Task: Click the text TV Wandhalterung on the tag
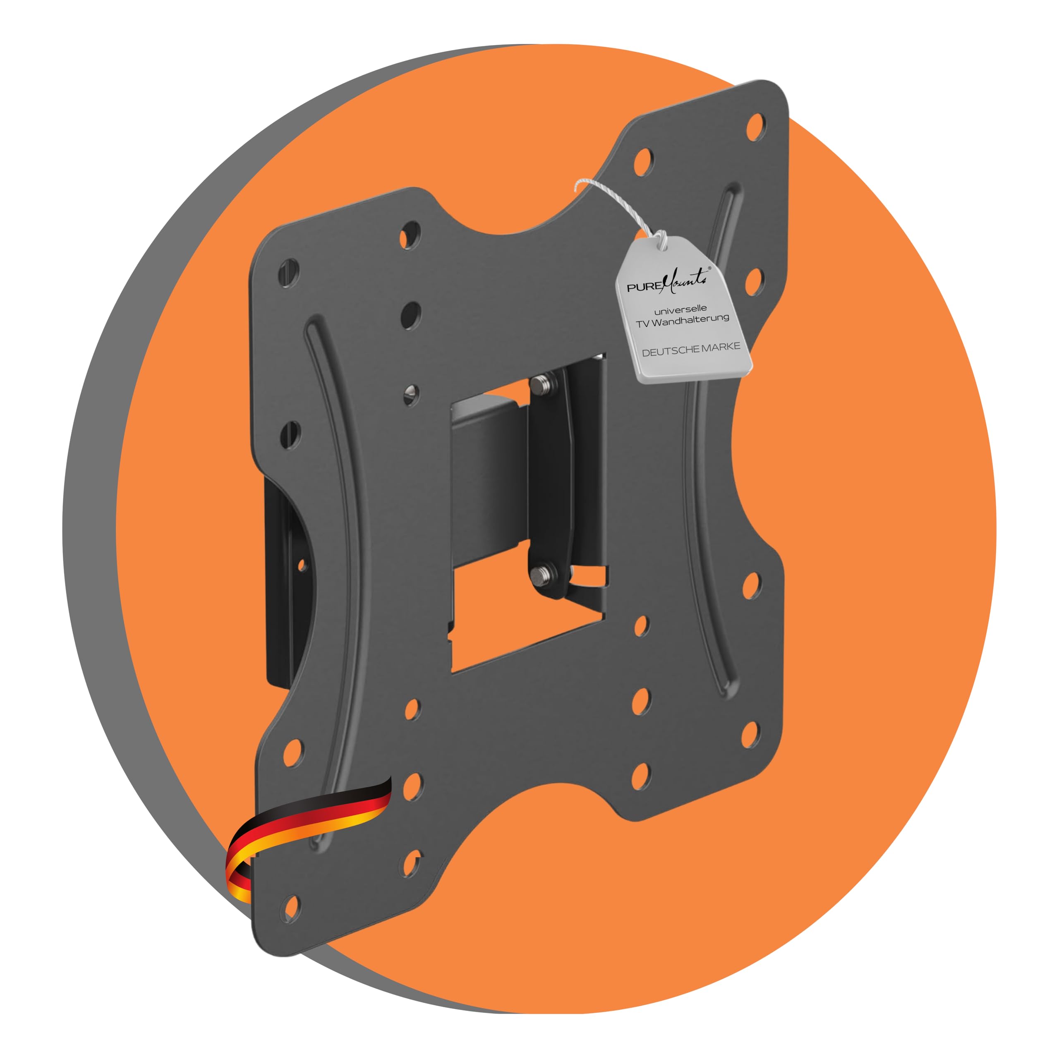point(683,321)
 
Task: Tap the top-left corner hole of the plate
point(288,273)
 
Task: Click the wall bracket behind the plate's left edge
point(285,575)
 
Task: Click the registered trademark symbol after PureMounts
point(709,268)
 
